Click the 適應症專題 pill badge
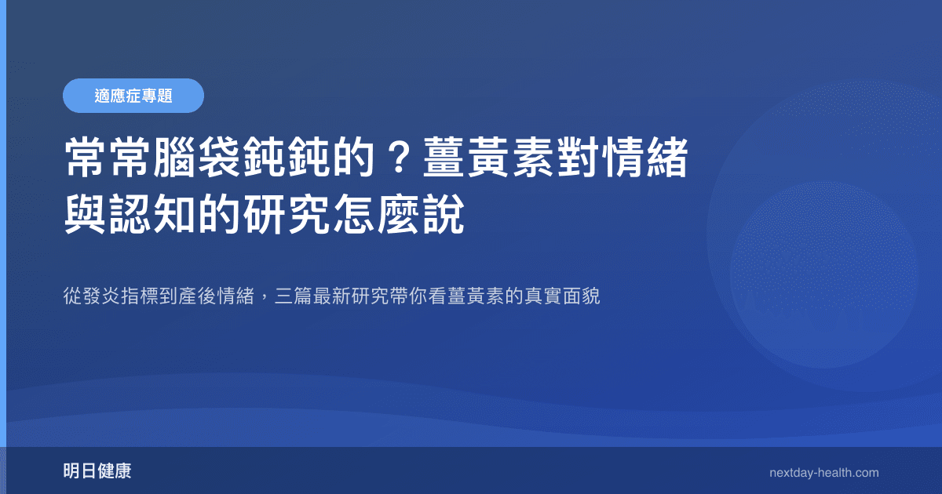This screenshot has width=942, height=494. click(133, 96)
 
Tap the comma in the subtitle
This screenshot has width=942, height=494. click(265, 300)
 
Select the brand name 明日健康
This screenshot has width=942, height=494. click(97, 471)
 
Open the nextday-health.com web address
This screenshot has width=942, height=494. click(824, 472)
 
